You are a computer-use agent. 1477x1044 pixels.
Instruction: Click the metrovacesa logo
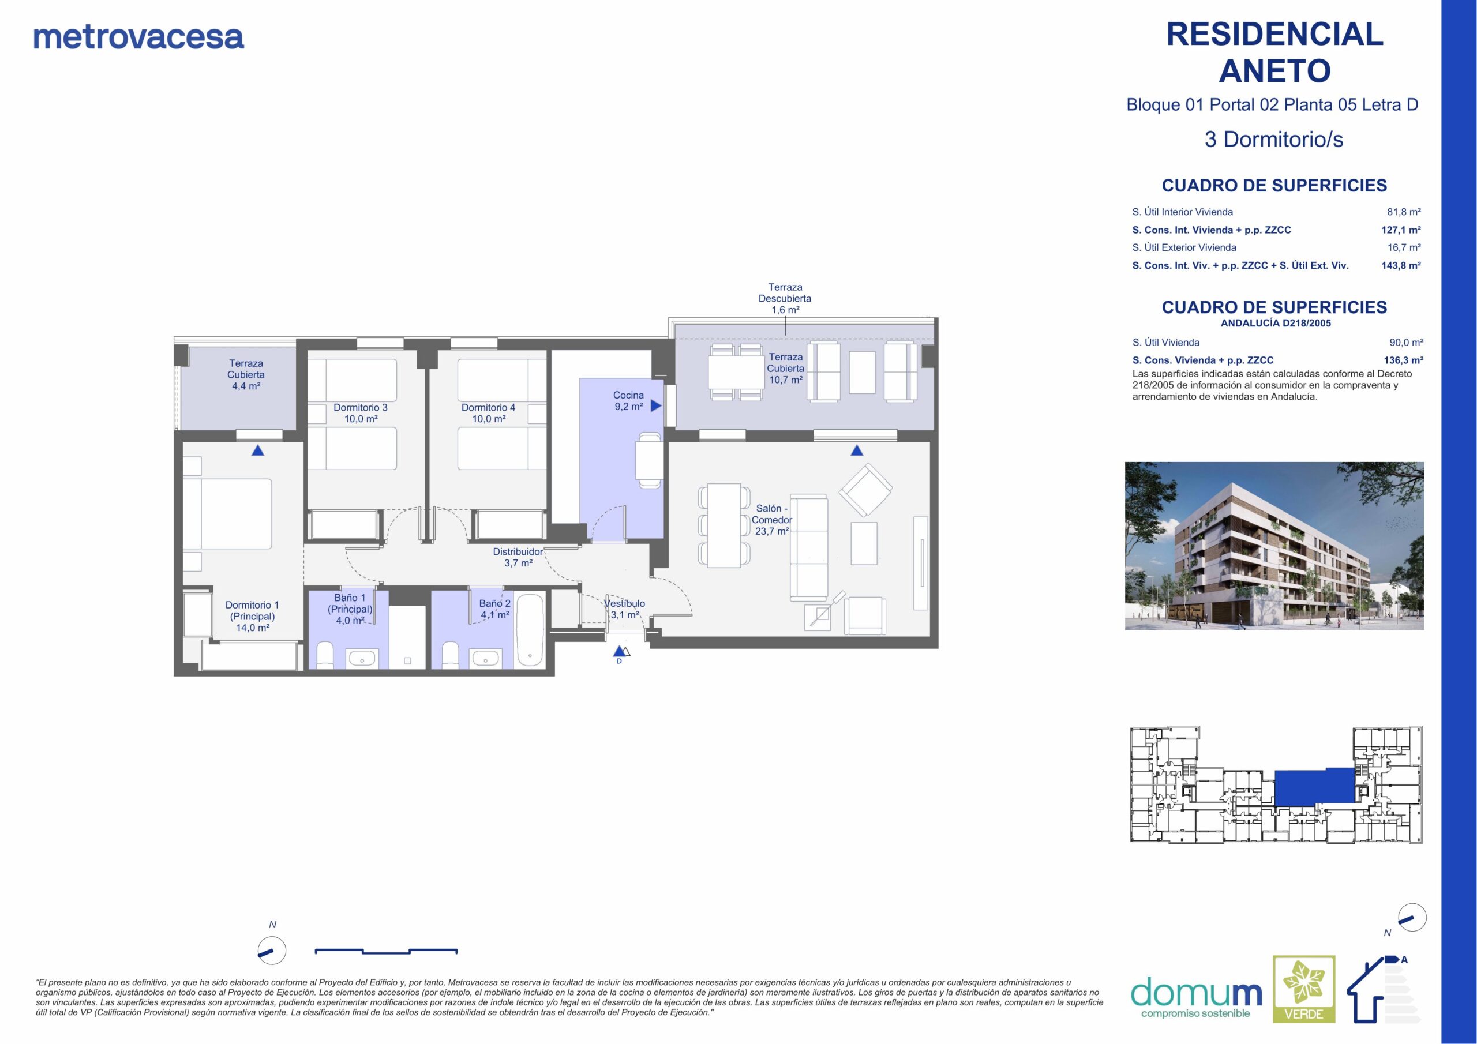[138, 37]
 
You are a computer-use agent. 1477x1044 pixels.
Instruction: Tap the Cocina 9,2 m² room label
[628, 401]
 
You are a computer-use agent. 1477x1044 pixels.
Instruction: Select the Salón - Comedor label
[771, 520]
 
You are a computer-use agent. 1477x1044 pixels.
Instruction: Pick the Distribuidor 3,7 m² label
[518, 557]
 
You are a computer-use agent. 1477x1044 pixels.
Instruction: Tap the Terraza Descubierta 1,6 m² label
[785, 298]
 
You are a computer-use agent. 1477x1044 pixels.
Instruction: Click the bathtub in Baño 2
[530, 630]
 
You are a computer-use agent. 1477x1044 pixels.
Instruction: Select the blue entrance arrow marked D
[619, 651]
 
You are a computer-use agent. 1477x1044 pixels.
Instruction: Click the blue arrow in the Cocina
[656, 406]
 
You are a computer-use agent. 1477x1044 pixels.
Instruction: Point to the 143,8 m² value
[1401, 265]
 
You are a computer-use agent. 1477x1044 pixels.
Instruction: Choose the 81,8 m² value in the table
[1404, 212]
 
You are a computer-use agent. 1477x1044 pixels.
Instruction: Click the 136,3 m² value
[1403, 360]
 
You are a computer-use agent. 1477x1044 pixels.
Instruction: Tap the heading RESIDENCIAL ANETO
[1274, 52]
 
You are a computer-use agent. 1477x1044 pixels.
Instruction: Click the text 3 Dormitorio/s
[1274, 140]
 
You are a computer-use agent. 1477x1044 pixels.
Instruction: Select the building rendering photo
[1274, 546]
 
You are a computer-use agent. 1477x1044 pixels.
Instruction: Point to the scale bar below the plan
[386, 951]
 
